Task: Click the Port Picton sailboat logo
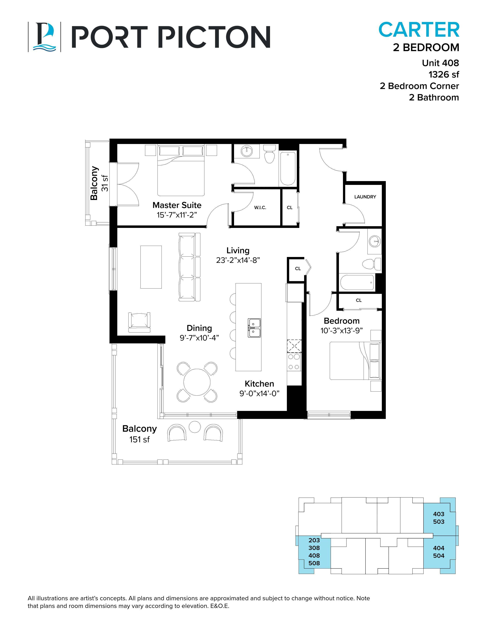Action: point(44,37)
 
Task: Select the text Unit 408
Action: point(440,63)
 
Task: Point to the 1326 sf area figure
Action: point(443,75)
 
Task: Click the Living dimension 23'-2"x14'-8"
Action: point(238,260)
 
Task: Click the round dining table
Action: point(197,382)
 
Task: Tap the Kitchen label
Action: point(259,384)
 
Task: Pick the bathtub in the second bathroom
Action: point(357,282)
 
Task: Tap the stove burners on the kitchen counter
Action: point(294,362)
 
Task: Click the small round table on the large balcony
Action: point(195,427)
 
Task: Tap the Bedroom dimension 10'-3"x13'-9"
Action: point(341,331)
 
